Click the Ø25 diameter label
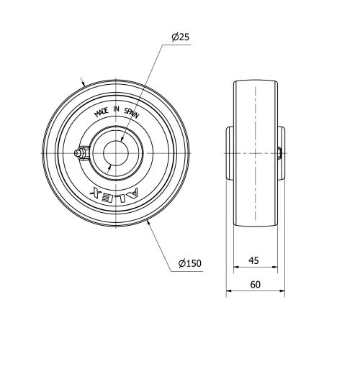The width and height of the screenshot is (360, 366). click(181, 37)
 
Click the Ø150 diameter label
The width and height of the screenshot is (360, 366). click(190, 263)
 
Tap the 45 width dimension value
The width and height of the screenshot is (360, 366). click(253, 260)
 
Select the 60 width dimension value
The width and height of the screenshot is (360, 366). click(255, 285)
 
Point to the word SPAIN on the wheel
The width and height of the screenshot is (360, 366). click(132, 113)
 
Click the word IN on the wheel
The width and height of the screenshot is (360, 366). click(116, 109)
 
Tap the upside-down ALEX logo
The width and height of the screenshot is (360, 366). click(114, 193)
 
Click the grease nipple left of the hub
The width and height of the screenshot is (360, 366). click(81, 152)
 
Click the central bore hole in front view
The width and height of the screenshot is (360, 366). click(116, 153)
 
